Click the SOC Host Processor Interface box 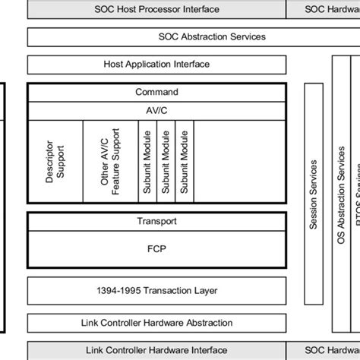(156, 10)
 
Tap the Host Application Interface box (156, 65)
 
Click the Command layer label (156, 92)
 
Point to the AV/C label (156, 109)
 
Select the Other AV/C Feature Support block (110, 160)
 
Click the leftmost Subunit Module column (147, 160)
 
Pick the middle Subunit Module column (165, 160)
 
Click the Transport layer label (156, 221)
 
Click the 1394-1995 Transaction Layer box (156, 291)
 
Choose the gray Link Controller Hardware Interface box (156, 350)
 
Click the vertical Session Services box (313, 205)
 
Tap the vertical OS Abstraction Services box (339, 205)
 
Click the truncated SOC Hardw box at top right (323, 10)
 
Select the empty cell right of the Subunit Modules (238, 160)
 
